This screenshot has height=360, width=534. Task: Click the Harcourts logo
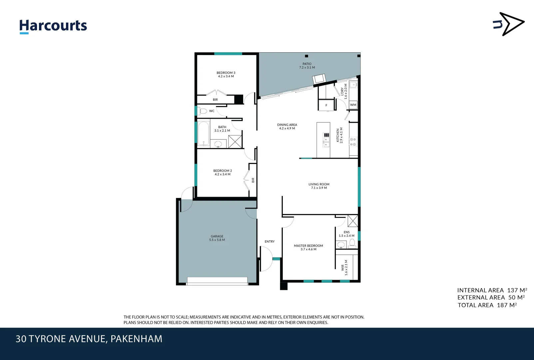click(53, 26)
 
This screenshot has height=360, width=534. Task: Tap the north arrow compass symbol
click(509, 24)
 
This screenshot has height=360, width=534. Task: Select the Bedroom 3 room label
click(226, 74)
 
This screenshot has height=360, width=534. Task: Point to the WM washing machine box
click(353, 105)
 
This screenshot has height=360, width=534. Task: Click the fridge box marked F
click(326, 105)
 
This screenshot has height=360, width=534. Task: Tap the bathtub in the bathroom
click(204, 134)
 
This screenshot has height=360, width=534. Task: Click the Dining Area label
click(287, 126)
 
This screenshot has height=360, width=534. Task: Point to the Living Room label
click(319, 186)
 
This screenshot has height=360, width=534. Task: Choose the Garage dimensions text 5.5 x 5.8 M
click(217, 240)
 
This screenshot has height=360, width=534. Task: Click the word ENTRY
click(269, 242)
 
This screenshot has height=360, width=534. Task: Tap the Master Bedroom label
click(308, 247)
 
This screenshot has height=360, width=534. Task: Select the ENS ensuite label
click(346, 232)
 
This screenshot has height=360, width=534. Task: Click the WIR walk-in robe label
click(342, 268)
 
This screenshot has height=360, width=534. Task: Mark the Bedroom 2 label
click(223, 172)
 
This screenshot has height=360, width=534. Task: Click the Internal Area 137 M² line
click(492, 290)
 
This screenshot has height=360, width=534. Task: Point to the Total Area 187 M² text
click(487, 305)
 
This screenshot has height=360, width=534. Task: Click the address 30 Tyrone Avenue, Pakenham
click(89, 339)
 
